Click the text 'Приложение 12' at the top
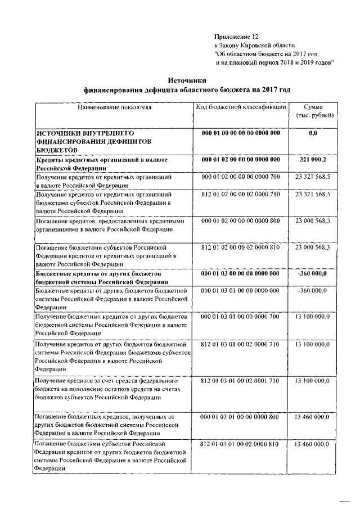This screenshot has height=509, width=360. click(236, 36)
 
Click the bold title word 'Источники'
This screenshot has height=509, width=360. click(187, 80)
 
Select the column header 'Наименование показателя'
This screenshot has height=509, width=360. click(115, 107)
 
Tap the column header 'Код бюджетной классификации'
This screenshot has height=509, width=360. click(241, 107)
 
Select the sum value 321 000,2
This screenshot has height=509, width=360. click(313, 160)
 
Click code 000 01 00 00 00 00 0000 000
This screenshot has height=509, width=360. click(241, 133)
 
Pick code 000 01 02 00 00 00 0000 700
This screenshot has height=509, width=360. click(241, 177)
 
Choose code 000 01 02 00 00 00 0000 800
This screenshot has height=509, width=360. click(241, 220)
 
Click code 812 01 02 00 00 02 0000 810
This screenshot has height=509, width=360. click(241, 247)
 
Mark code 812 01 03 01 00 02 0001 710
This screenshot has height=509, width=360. click(241, 381)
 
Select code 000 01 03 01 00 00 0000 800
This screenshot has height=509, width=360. click(241, 417)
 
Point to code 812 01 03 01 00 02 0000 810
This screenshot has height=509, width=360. click(241, 444)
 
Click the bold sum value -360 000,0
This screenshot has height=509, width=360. click(313, 273)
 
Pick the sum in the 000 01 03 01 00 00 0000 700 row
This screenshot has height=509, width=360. click(313, 318)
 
